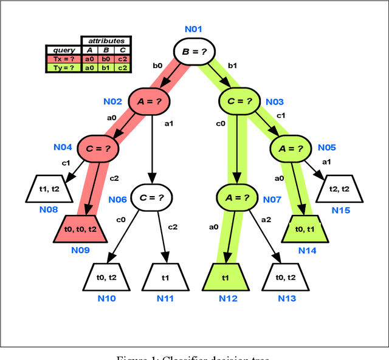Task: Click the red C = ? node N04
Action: pyautogui.click(x=98, y=148)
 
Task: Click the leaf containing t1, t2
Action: pyautogui.click(x=49, y=188)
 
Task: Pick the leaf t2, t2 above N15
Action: pyautogui.click(x=339, y=189)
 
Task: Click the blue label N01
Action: pyautogui.click(x=195, y=29)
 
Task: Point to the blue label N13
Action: pyautogui.click(x=287, y=298)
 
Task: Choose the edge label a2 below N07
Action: pyautogui.click(x=265, y=219)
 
